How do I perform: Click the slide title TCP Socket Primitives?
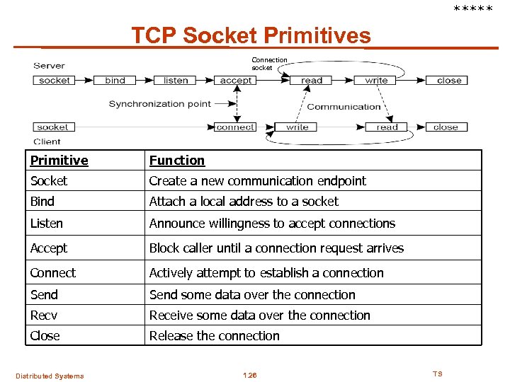[x=251, y=35]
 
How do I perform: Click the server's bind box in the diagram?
[x=115, y=81]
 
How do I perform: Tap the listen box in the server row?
[x=176, y=81]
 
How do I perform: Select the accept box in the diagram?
[x=236, y=81]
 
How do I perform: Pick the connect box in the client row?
[x=235, y=127]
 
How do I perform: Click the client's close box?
[x=446, y=127]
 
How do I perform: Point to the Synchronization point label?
[x=159, y=104]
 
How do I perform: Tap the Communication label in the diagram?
[x=344, y=107]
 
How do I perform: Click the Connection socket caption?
[x=270, y=64]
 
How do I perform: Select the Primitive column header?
[x=59, y=161]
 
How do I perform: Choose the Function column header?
[x=176, y=161]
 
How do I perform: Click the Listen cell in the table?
[x=47, y=224]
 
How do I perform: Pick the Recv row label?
[x=44, y=316]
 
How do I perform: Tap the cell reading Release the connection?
[x=214, y=336]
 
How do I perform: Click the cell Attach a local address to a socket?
[x=244, y=202]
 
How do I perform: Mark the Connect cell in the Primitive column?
[x=53, y=273]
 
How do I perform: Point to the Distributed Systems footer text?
[x=50, y=376]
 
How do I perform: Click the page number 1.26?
[x=249, y=375]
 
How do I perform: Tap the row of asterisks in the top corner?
[x=473, y=9]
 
